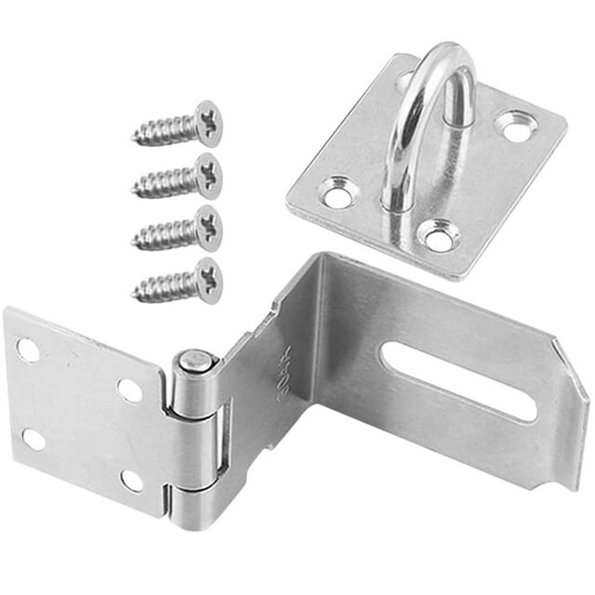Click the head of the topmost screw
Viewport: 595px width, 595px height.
pyautogui.click(x=207, y=123)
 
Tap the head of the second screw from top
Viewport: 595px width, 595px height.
pyautogui.click(x=207, y=175)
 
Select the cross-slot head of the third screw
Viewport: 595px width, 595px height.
pyautogui.click(x=207, y=228)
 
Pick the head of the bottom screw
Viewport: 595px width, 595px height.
pyautogui.click(x=207, y=280)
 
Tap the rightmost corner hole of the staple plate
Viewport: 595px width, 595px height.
pyautogui.click(x=517, y=125)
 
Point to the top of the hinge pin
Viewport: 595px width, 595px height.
pyautogui.click(x=192, y=359)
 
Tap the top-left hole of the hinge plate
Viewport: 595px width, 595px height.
pyautogui.click(x=28, y=350)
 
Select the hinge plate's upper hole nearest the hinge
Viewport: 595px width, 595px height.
pyautogui.click(x=129, y=390)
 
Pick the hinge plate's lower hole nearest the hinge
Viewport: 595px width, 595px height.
pyautogui.click(x=132, y=480)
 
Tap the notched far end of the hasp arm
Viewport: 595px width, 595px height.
pyautogui.click(x=569, y=400)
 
